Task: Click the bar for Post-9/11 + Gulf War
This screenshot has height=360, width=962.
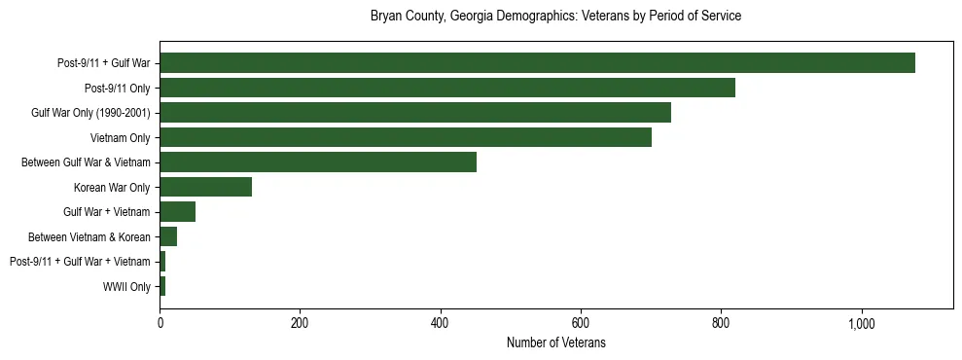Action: [537, 63]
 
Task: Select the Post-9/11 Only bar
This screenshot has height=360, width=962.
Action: [447, 88]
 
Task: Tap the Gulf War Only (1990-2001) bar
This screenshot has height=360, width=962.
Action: [415, 113]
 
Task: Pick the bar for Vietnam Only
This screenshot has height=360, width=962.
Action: [406, 137]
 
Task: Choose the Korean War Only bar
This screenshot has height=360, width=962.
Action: [205, 187]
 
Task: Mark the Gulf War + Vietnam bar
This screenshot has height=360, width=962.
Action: [177, 212]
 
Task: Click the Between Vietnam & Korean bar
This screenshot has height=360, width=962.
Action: [168, 236]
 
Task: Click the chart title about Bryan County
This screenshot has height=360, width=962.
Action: [555, 17]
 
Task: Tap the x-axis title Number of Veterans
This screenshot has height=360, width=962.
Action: [555, 342]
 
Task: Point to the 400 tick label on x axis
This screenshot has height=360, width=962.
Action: [440, 323]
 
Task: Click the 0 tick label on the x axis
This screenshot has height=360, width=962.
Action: [160, 323]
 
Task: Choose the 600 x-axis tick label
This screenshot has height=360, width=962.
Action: [580, 323]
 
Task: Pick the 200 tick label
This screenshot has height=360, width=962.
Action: [300, 323]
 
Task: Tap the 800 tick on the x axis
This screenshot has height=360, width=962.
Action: [720, 323]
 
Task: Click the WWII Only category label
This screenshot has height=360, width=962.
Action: [126, 286]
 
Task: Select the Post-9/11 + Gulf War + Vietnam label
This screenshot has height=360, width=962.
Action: [80, 262]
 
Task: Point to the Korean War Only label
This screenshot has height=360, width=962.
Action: [112, 187]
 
